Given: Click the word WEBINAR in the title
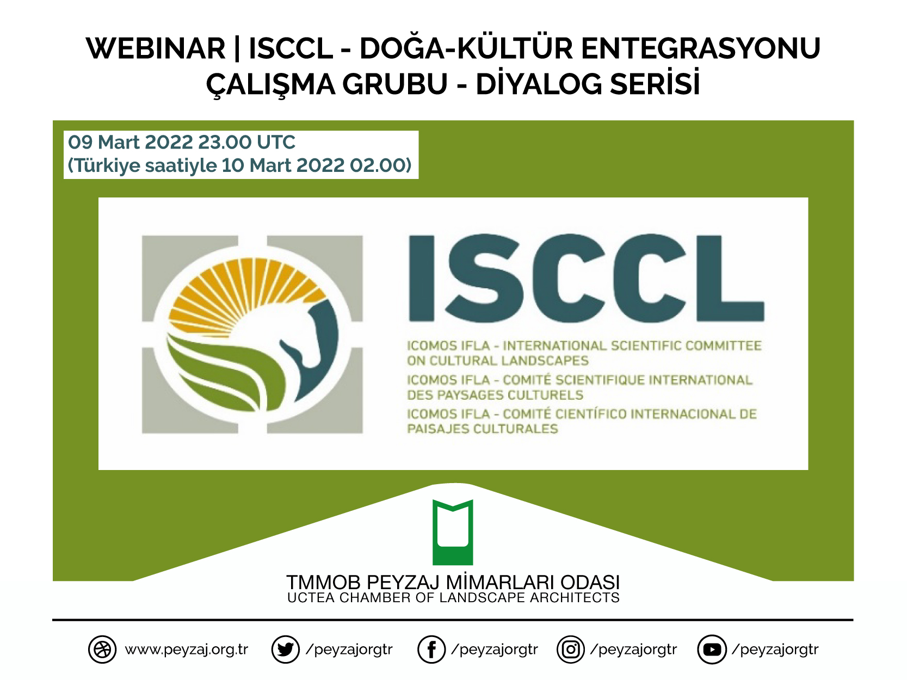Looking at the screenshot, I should [x=156, y=49].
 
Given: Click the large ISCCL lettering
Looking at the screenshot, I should [x=586, y=279].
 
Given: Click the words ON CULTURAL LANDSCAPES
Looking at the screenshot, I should [x=498, y=361].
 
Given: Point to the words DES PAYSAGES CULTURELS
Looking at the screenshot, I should [x=495, y=395].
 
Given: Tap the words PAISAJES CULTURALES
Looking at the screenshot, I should [x=483, y=429].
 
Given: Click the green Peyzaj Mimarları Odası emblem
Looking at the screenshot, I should [x=453, y=532].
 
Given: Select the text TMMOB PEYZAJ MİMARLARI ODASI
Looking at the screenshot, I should [x=453, y=582].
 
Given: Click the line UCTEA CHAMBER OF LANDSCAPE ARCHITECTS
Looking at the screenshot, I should [x=453, y=598].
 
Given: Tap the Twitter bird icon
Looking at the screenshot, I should [x=285, y=649].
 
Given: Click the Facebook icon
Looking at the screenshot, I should [x=431, y=649].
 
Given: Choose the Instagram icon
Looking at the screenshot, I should [x=571, y=649].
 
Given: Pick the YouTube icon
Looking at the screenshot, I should [x=712, y=649].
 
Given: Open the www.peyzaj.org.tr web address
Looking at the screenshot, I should [x=186, y=649].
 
